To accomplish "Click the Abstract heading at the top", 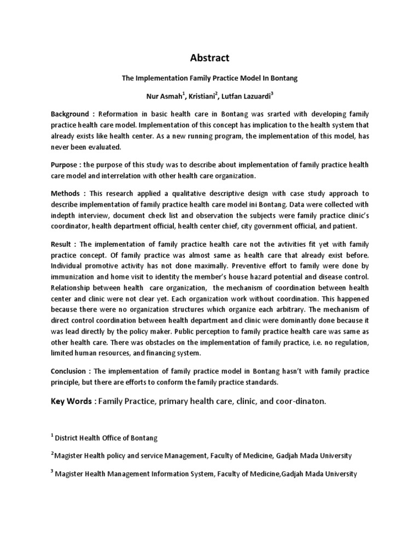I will (209, 57).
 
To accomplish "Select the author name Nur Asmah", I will (165, 96).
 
